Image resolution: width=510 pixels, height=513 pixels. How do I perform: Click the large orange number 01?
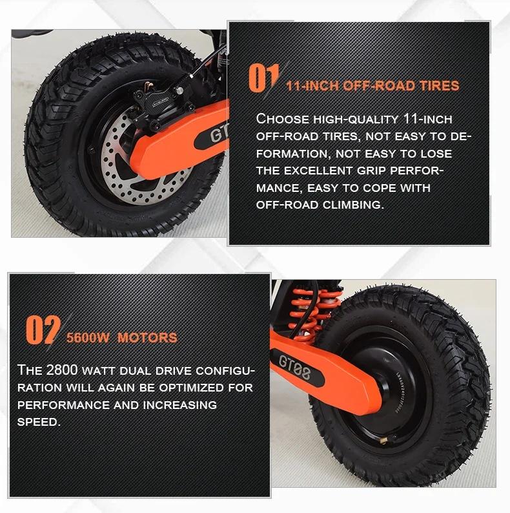point(263,79)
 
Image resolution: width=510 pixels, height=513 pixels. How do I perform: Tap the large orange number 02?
point(43,330)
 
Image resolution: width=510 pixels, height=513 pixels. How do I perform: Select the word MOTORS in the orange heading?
point(147,337)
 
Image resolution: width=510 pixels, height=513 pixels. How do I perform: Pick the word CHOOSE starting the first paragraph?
point(281,119)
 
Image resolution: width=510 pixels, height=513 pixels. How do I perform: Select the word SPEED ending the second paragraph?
point(38,422)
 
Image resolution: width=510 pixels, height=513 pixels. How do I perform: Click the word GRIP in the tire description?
point(390,171)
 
